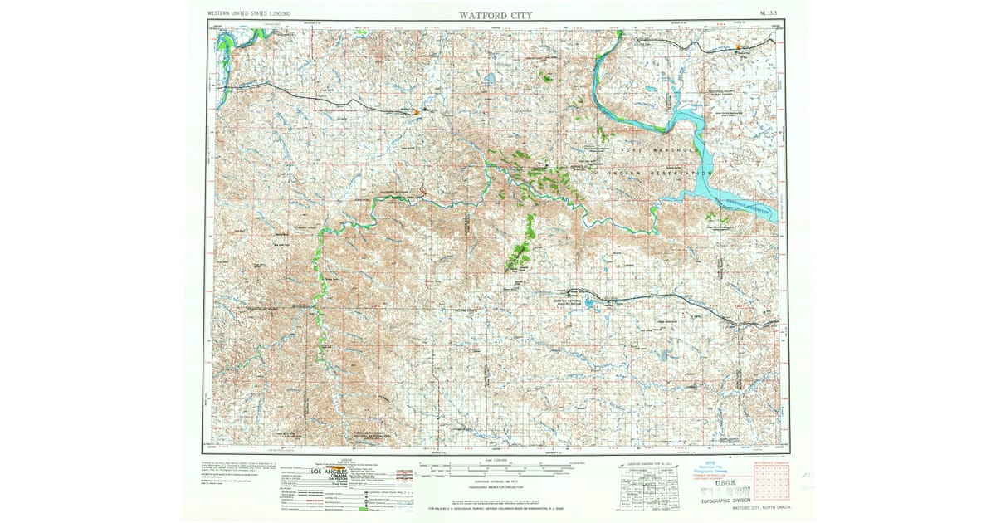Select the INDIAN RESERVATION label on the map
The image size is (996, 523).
point(660,173)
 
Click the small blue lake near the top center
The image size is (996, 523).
point(490,80)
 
